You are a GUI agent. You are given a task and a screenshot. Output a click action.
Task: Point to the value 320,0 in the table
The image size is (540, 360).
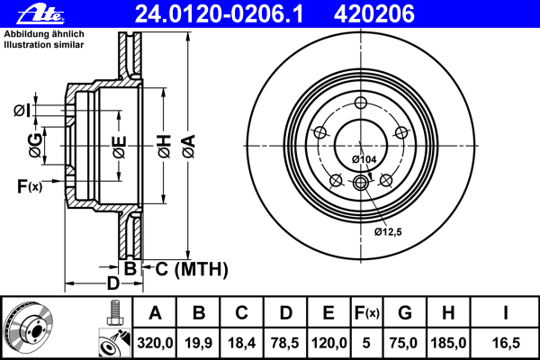tap(156, 343)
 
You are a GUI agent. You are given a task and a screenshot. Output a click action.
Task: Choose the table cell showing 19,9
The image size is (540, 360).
tap(199, 343)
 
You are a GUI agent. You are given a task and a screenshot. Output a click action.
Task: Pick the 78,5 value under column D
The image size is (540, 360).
tap(285, 343)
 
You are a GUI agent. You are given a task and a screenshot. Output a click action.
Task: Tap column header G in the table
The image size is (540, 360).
tap(405, 314)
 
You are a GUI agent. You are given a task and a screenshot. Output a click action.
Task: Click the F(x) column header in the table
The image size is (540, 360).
tap(366, 314)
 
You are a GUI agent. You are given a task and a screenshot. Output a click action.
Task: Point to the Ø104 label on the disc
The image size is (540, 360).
tap(364, 159)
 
